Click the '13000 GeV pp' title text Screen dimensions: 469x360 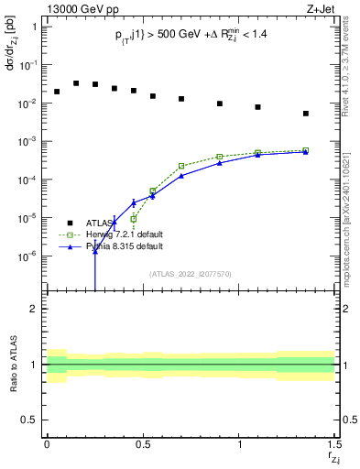(x=82, y=10)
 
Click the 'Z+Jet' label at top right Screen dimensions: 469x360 (x=322, y=10)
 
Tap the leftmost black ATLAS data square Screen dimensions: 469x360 (x=57, y=92)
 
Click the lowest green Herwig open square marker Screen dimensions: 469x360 (x=134, y=219)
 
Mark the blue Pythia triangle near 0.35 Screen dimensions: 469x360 (x=115, y=222)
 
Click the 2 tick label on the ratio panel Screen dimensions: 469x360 (x=33, y=309)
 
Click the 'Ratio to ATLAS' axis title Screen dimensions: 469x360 (x=13, y=365)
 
